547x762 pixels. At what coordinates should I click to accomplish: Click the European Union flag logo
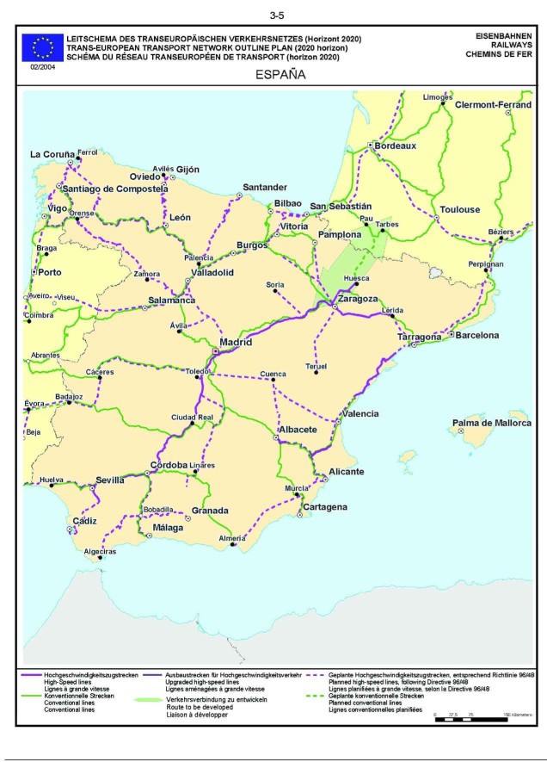coord(43,46)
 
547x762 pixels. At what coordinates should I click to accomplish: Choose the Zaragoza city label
coord(358,299)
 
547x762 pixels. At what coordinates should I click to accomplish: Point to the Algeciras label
coord(100,550)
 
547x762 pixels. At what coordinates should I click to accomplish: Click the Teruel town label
coord(317,367)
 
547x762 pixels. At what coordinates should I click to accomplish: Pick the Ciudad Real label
coord(192,417)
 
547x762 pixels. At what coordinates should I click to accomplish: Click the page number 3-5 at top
coord(277,15)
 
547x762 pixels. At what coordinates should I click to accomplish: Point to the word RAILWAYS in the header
coord(506,45)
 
